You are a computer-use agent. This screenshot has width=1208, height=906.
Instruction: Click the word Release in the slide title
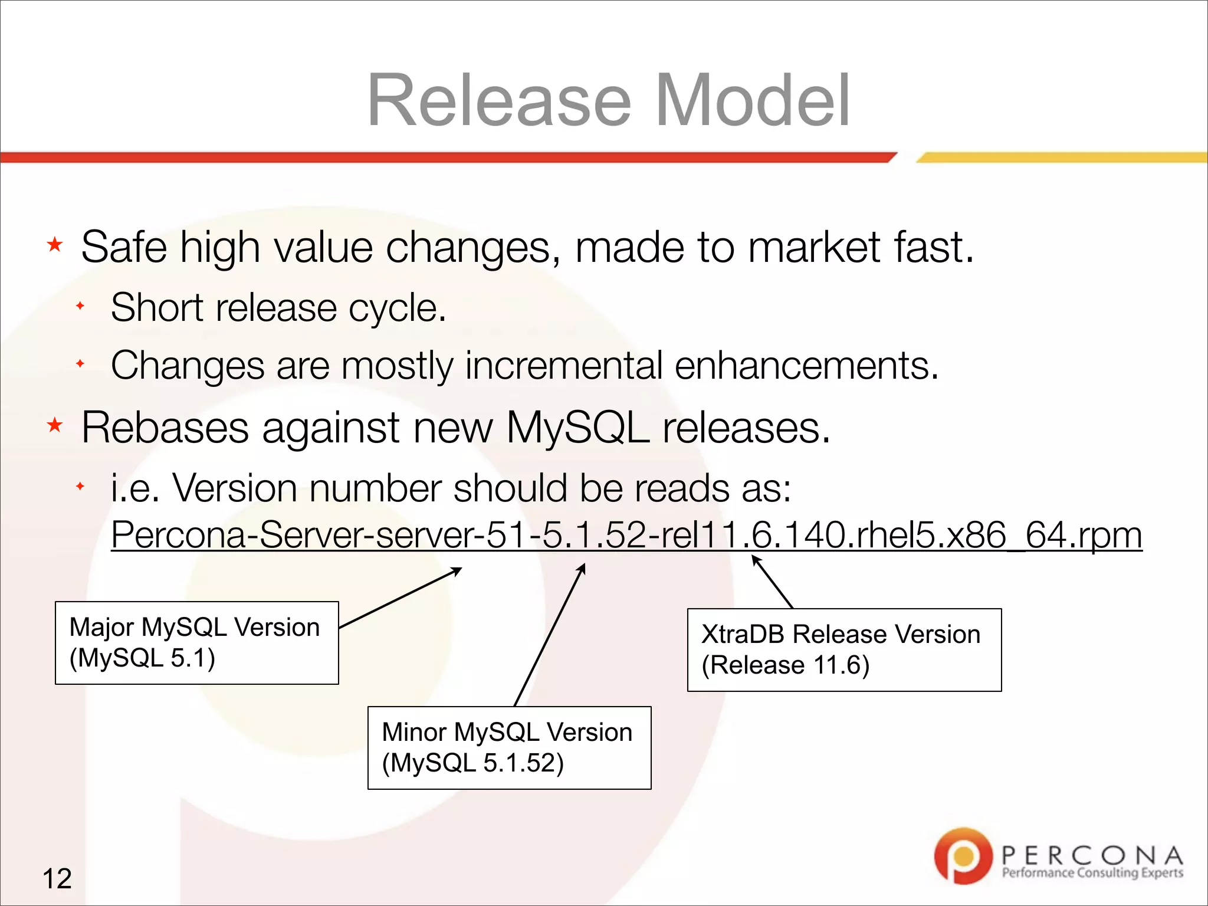[499, 100]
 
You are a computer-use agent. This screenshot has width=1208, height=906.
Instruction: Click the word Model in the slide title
[752, 100]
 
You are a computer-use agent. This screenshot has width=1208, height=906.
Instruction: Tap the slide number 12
[57, 878]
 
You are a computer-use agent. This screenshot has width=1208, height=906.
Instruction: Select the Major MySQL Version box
[196, 643]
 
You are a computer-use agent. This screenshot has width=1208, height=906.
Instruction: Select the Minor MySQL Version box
[509, 747]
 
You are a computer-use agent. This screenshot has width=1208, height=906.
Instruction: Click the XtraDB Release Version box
[844, 649]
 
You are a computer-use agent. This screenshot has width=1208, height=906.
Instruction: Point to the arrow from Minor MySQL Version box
[549, 634]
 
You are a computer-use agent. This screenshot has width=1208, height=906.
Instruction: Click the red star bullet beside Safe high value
[55, 244]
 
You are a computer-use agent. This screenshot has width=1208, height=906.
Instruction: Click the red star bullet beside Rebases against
[55, 425]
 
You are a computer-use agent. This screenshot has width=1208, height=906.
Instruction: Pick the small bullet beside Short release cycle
[81, 306]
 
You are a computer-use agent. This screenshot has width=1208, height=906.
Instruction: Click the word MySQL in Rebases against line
[578, 427]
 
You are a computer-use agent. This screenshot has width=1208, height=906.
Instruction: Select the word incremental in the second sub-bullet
[564, 366]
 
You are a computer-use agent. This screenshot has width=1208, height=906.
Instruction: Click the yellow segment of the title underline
[1062, 157]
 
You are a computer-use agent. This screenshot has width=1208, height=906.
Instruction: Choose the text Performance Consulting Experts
[1092, 873]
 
